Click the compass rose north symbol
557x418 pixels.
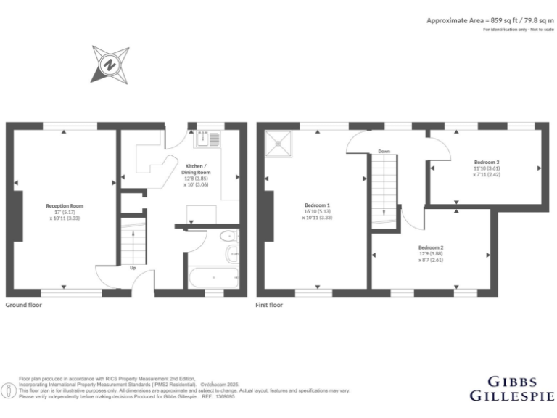110,64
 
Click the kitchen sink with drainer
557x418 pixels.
210,139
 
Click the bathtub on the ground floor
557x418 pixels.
213,278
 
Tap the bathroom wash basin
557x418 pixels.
233,253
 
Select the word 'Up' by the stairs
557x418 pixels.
133,268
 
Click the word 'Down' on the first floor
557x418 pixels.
384,152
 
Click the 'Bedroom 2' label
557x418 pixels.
431,247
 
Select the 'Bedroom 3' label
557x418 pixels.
487,162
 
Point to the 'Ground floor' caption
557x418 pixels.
24,306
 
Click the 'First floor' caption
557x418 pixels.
269,306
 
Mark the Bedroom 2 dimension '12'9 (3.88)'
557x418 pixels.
431,254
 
